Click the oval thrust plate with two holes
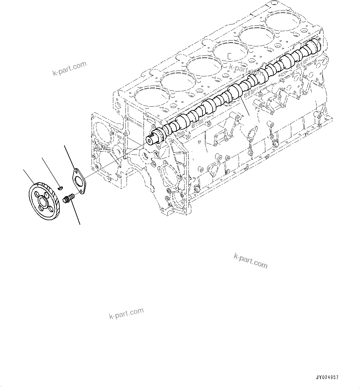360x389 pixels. click(x=79, y=181)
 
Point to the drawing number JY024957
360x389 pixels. click(x=327, y=378)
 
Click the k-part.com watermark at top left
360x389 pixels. click(x=70, y=69)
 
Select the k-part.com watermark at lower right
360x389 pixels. click(x=250, y=261)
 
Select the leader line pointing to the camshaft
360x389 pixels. click(x=245, y=105)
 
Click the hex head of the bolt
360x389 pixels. click(x=66, y=200)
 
